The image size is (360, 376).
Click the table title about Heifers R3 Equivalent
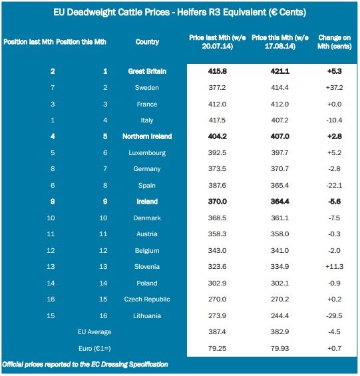(180, 12)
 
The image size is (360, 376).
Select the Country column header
(147, 42)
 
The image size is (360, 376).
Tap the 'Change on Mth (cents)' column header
(335, 42)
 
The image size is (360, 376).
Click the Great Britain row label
(147, 71)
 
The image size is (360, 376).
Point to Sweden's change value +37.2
(334, 88)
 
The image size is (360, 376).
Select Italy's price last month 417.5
(217, 120)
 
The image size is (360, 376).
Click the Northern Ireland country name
(147, 136)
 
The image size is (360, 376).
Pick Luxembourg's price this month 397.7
(279, 153)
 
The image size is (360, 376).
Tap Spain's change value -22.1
(334, 186)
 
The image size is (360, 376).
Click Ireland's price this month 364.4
(279, 202)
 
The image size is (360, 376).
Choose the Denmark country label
(147, 218)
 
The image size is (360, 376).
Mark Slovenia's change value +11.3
(334, 266)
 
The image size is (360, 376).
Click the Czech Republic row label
(147, 299)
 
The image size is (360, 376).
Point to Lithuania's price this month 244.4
(279, 315)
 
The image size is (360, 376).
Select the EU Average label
(94, 332)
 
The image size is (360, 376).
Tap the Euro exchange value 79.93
(279, 348)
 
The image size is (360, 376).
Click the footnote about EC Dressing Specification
(85, 365)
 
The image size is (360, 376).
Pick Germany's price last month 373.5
(217, 169)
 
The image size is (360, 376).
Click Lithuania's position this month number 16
(103, 315)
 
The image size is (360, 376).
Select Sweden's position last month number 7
(53, 88)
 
